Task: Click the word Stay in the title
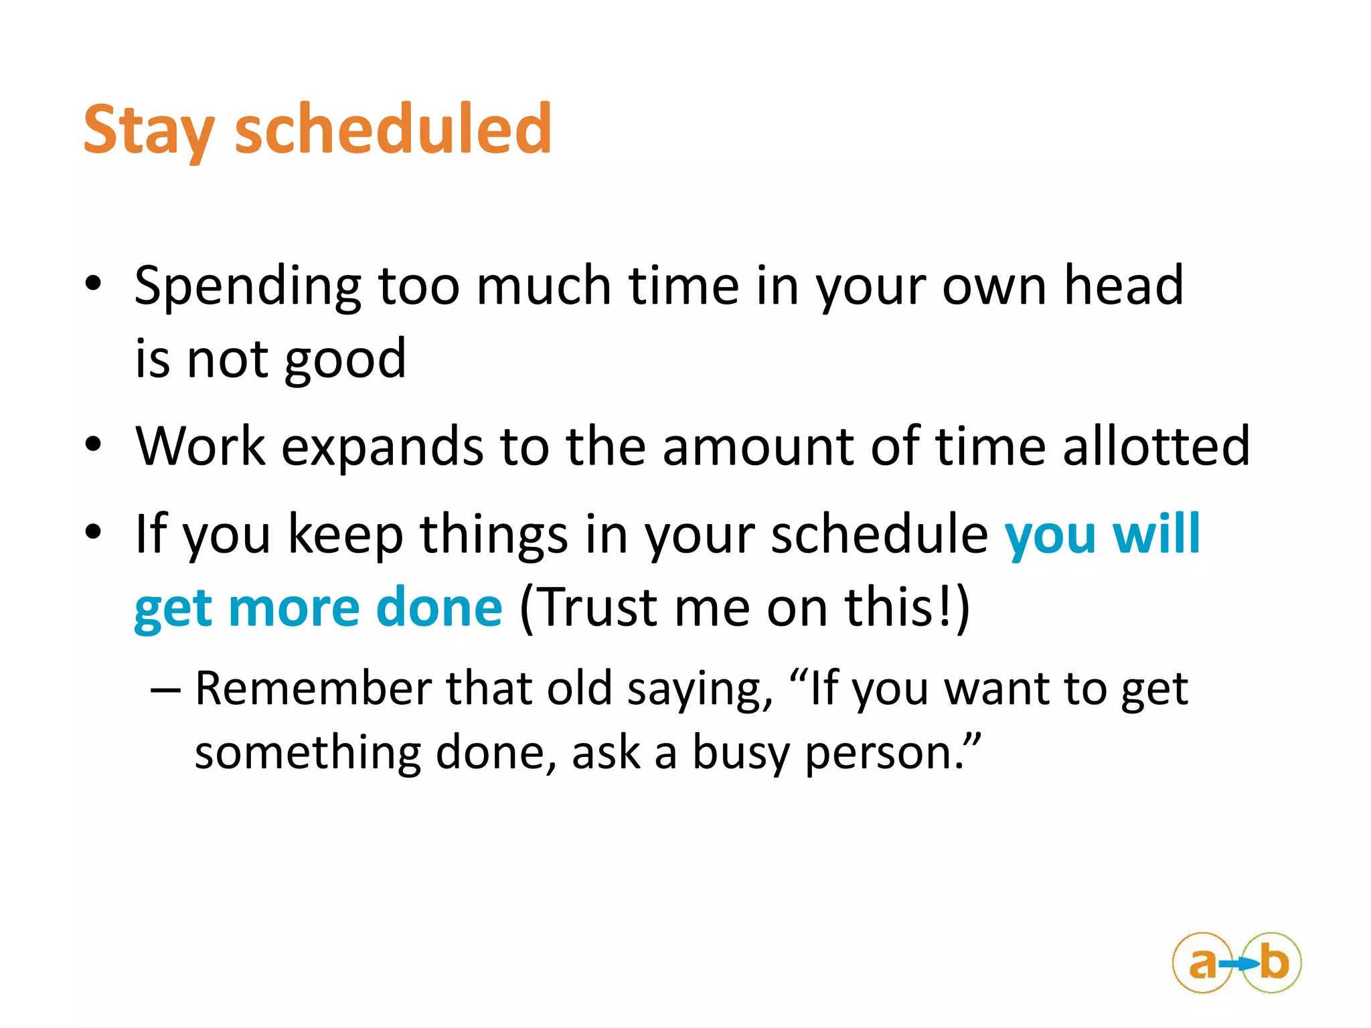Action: pos(149,131)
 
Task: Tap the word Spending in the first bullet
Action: pos(248,286)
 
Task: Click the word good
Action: pos(345,360)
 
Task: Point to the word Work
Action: pos(200,446)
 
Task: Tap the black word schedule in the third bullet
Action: pos(880,534)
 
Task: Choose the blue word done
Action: pos(438,608)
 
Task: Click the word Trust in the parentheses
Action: pos(598,608)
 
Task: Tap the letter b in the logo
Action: pos(1274,962)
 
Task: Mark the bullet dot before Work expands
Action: pos(93,444)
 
